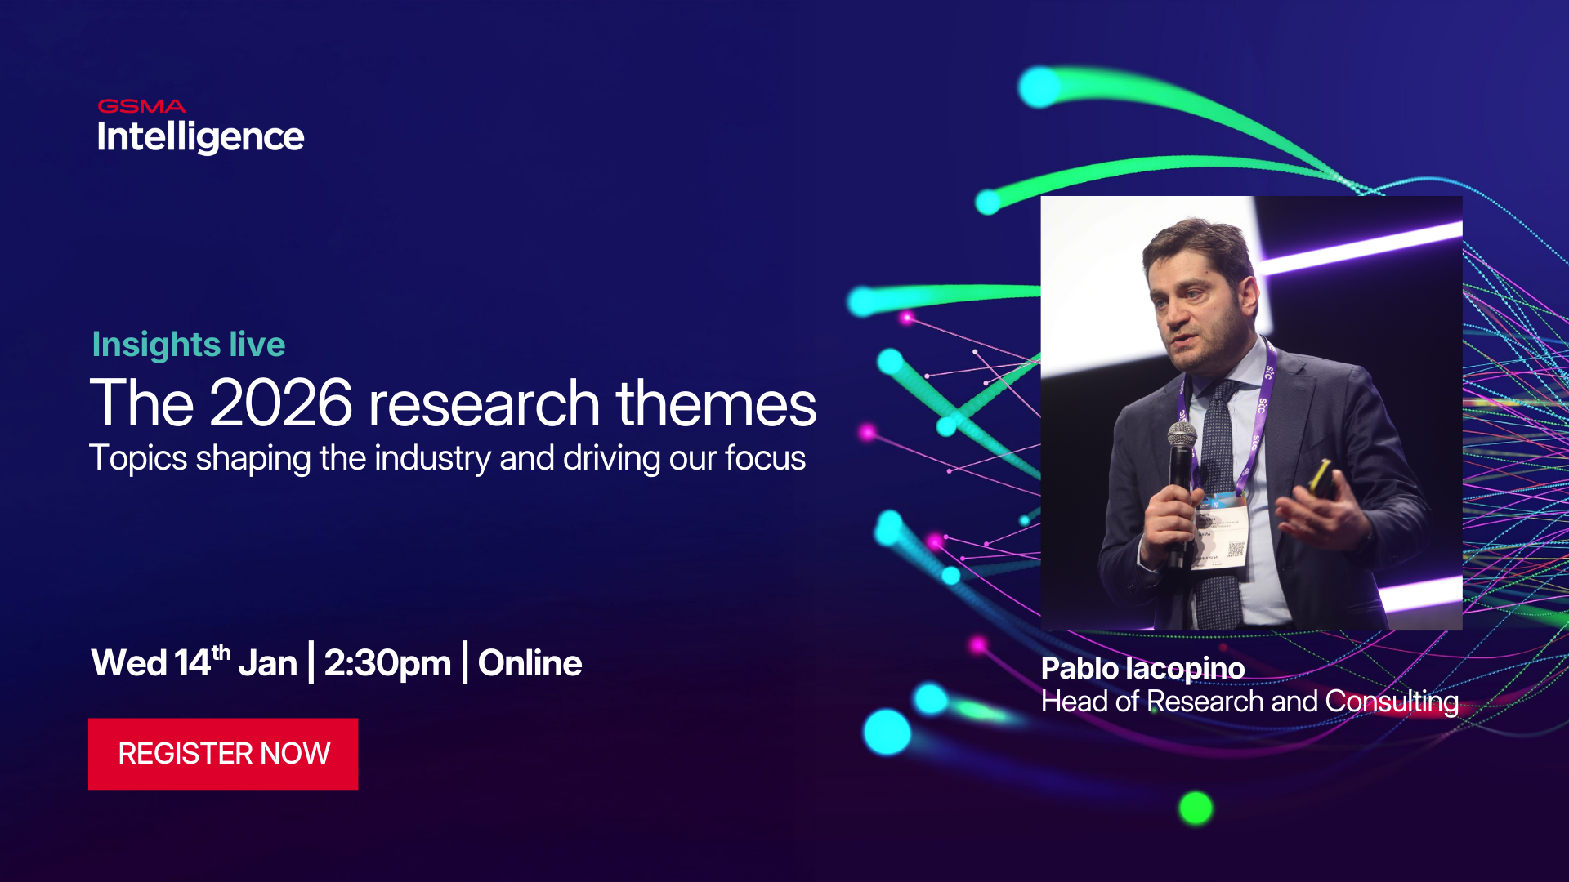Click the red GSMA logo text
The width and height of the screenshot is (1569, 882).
(x=141, y=106)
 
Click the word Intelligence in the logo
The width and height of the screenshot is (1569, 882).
(x=200, y=137)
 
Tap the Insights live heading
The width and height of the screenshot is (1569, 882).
(x=189, y=345)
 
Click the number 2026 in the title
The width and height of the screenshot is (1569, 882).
(x=281, y=403)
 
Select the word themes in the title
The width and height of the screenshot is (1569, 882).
(x=716, y=403)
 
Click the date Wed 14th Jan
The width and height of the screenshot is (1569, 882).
(x=194, y=663)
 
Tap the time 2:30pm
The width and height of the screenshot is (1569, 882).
(x=387, y=663)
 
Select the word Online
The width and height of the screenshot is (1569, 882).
(x=530, y=663)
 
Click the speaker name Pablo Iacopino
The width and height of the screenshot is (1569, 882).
(x=1142, y=669)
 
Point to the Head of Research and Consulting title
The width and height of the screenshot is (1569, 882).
(x=1249, y=702)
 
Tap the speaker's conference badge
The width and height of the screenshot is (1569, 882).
(x=1222, y=531)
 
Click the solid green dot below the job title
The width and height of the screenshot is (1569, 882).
(x=1196, y=808)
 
